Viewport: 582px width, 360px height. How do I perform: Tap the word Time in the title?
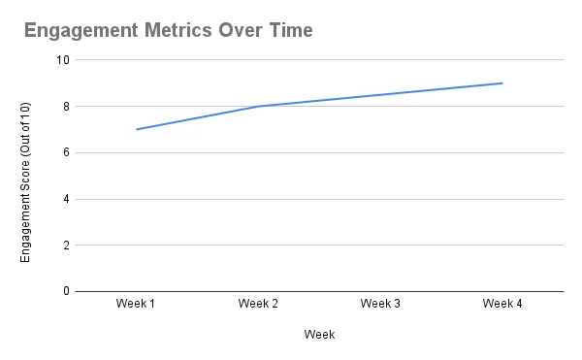point(290,30)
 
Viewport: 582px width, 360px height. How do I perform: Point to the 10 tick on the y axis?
point(64,59)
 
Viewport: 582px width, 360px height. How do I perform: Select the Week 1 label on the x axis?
point(137,305)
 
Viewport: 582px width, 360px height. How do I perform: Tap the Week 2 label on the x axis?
point(258,305)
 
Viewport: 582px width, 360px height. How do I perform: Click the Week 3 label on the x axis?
point(380,305)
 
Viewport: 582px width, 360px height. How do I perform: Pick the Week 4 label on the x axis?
point(502,305)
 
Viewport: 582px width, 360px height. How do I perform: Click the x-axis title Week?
point(319,335)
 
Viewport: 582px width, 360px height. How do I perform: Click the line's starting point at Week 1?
point(137,129)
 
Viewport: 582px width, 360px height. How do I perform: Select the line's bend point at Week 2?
point(258,106)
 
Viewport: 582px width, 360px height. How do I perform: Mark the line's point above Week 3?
point(380,94)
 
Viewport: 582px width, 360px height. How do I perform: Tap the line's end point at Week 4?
point(502,82)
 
